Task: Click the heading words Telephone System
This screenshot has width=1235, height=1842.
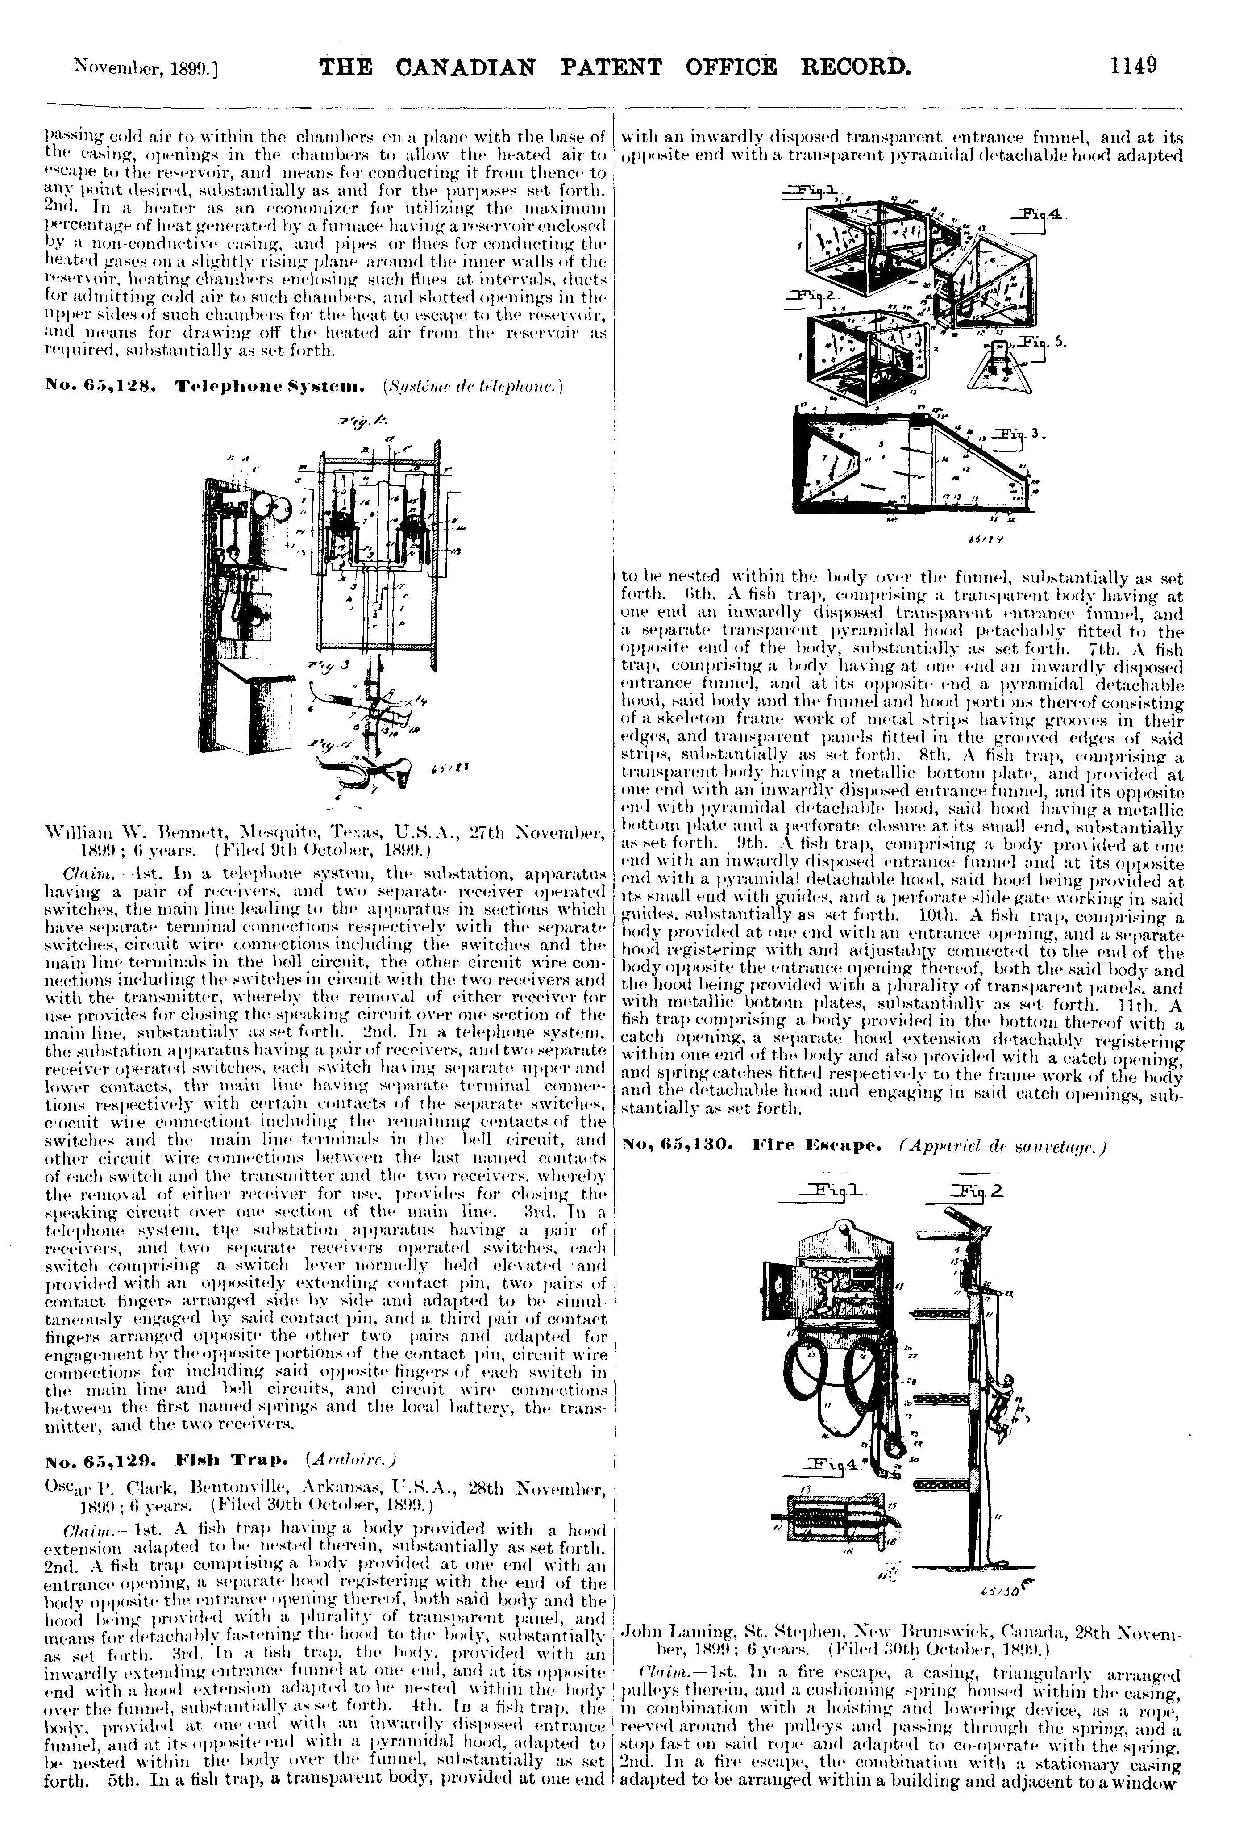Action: pyautogui.click(x=270, y=386)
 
